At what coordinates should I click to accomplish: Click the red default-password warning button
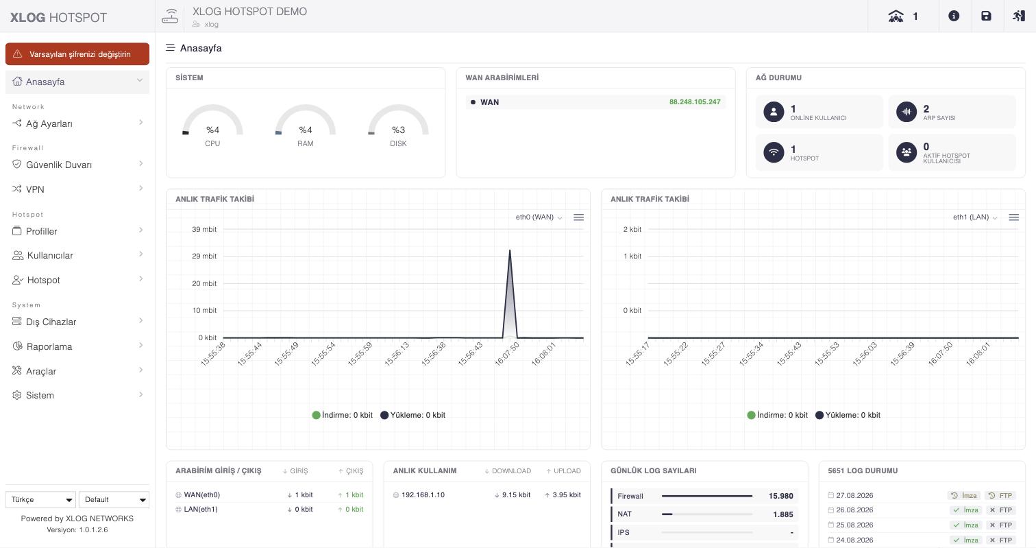77,54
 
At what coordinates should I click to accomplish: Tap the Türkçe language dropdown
40,499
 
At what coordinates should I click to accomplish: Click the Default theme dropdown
114,499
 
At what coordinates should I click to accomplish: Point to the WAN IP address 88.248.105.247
695,102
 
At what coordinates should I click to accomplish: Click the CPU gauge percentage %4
212,130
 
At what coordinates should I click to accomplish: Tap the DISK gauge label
398,143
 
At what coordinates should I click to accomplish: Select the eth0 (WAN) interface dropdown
539,217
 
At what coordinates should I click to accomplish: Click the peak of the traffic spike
510,250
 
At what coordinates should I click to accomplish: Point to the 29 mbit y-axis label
204,256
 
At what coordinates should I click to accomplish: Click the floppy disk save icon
986,16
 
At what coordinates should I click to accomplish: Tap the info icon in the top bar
954,16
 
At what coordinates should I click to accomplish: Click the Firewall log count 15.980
780,496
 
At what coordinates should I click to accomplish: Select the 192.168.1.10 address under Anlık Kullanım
423,495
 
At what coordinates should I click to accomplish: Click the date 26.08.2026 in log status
854,510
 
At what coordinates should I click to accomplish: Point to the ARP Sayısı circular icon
907,112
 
